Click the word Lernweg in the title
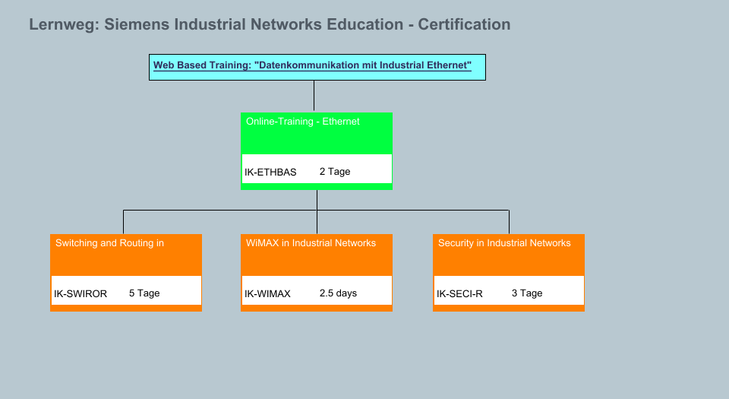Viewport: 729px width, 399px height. pyautogui.click(x=62, y=25)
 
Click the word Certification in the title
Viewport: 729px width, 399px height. pyautogui.click(x=464, y=25)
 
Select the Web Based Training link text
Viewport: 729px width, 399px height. pyautogui.click(x=312, y=65)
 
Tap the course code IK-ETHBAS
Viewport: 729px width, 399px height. pyautogui.click(x=270, y=173)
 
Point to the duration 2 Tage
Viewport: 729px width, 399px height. pyautogui.click(x=335, y=172)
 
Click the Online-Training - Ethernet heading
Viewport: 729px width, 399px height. pyautogui.click(x=302, y=122)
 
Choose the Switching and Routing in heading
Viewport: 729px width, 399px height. pyautogui.click(x=109, y=243)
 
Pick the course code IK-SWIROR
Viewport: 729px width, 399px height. pyautogui.click(x=80, y=294)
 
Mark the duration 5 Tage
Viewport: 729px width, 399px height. pyautogui.click(x=144, y=293)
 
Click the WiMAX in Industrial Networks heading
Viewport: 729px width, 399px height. pyautogui.click(x=311, y=243)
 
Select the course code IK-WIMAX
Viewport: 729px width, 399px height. pyautogui.click(x=267, y=294)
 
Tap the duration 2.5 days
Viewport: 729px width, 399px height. pyautogui.click(x=338, y=293)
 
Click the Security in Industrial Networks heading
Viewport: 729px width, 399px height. pyautogui.click(x=504, y=243)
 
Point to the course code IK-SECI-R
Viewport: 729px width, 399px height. pyautogui.click(x=459, y=294)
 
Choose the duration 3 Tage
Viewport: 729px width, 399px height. pyautogui.click(x=527, y=293)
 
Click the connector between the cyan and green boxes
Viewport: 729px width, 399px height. pyautogui.click(x=314, y=97)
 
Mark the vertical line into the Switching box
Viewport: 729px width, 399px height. pyautogui.click(x=123, y=222)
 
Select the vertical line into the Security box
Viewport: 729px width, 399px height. pyautogui.click(x=509, y=222)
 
